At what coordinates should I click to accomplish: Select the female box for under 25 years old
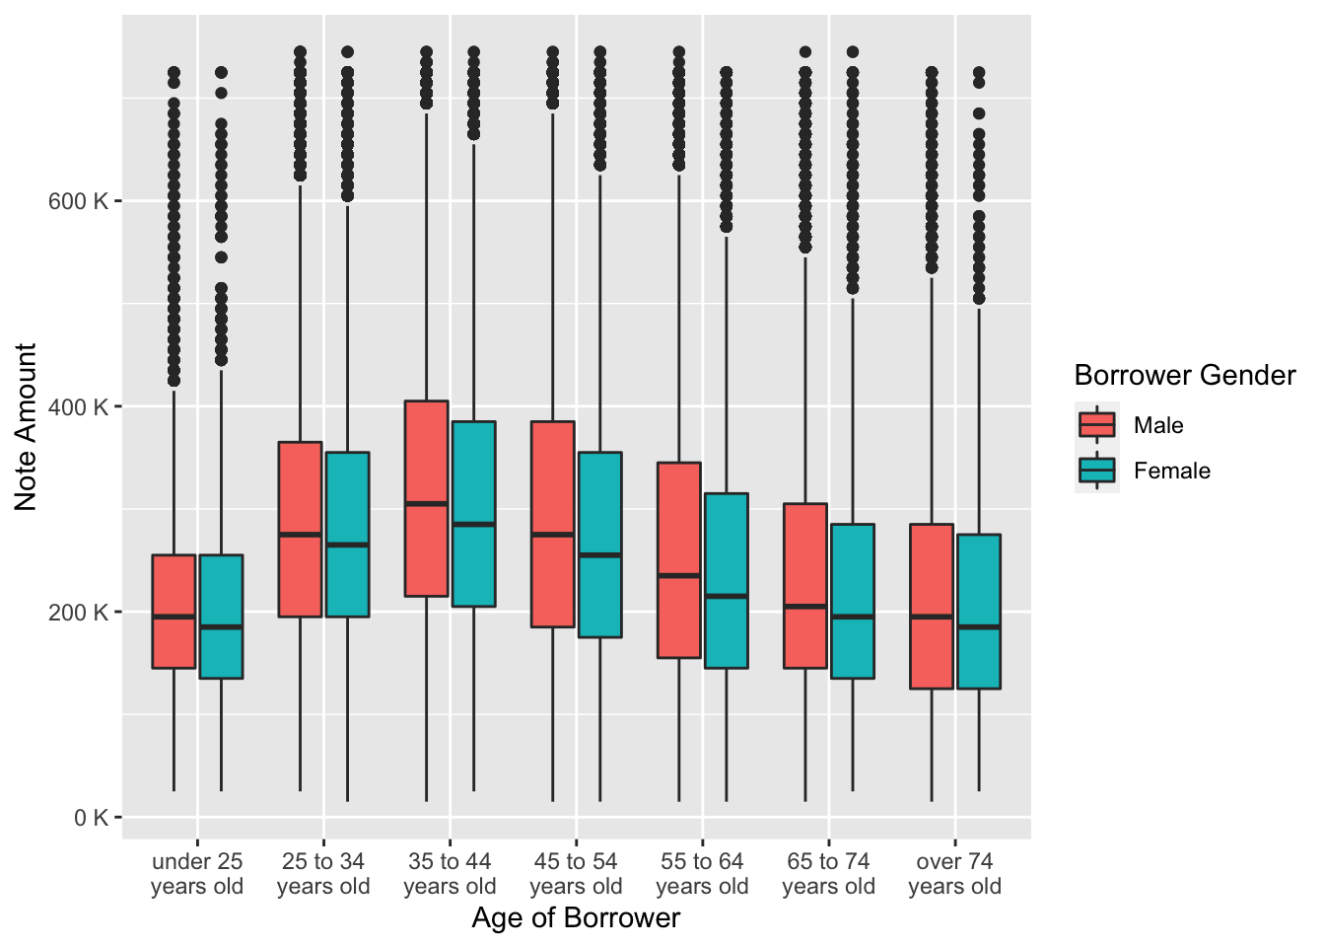[x=221, y=617]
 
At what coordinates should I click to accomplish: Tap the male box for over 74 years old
[x=931, y=606]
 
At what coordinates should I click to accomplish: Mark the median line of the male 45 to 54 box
[x=552, y=534]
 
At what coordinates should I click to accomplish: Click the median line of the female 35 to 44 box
[x=473, y=524]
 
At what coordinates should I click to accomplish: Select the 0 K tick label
[x=91, y=817]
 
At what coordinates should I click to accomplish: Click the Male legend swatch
[x=1096, y=425]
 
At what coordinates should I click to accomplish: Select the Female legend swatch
[x=1096, y=471]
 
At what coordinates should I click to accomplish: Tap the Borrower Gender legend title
[x=1184, y=376]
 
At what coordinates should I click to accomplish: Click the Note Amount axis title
[x=26, y=426]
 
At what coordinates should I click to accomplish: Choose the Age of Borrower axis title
[x=576, y=918]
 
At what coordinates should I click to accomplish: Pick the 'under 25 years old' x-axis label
[x=197, y=874]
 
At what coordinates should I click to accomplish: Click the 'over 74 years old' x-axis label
[x=954, y=874]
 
